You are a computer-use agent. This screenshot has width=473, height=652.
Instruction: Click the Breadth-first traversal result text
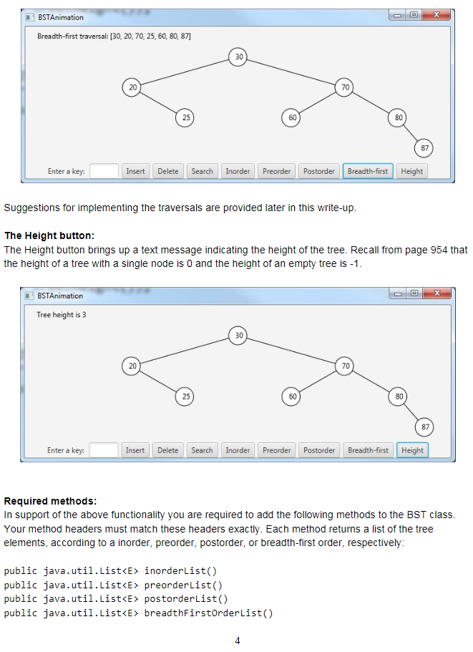click(x=114, y=36)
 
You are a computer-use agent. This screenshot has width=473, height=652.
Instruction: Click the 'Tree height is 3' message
click(x=62, y=315)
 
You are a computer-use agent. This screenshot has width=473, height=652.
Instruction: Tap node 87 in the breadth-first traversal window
click(x=424, y=148)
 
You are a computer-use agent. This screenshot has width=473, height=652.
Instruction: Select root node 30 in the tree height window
click(x=238, y=335)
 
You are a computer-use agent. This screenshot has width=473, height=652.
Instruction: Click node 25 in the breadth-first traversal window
click(x=185, y=117)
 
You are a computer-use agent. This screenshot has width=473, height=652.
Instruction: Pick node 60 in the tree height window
click(x=292, y=396)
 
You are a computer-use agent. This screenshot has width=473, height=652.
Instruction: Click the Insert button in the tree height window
click(x=135, y=450)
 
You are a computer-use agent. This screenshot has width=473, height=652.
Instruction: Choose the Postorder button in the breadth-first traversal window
click(x=319, y=171)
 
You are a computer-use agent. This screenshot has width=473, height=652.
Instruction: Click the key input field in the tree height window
click(x=104, y=450)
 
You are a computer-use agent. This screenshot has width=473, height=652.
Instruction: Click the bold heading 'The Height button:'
click(x=49, y=235)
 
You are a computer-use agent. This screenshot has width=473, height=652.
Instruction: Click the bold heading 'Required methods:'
click(x=50, y=500)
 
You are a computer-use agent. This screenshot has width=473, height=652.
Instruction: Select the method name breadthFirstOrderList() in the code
click(x=208, y=613)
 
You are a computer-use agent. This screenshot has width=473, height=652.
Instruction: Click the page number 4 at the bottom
click(x=237, y=641)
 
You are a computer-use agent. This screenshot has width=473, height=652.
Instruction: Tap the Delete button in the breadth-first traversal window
click(x=168, y=171)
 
